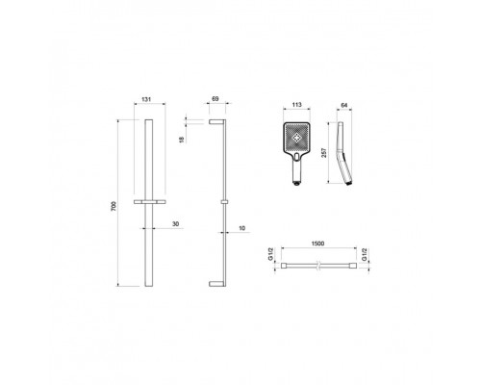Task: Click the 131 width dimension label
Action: (146, 99)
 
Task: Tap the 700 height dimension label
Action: (114, 206)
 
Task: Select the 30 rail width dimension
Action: (175, 224)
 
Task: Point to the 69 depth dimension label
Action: (215, 99)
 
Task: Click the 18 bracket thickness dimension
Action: (182, 140)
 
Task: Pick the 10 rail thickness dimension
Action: (242, 228)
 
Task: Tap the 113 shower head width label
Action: (297, 105)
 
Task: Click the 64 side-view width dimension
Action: (344, 105)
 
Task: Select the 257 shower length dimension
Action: (324, 153)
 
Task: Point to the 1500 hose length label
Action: (317, 244)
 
